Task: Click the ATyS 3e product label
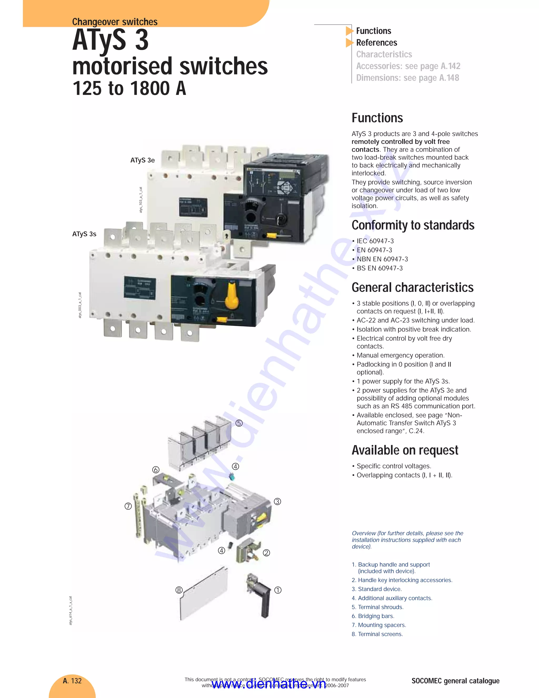coord(142,160)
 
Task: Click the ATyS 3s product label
coord(84,234)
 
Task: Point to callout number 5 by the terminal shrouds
coord(239,423)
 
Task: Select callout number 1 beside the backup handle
coord(278,590)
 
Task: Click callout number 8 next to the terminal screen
coord(179,590)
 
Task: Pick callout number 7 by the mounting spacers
coord(128,506)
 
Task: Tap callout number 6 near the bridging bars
coord(156,470)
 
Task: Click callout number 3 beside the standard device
coord(277,502)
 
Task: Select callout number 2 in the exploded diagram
coord(266,553)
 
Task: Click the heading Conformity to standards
coord(413,225)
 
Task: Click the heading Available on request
coord(405,450)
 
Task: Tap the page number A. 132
coord(72,681)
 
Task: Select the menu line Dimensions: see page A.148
coord(407,78)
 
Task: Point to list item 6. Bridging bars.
coord(373,616)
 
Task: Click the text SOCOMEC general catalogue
coord(455,681)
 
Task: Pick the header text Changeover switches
coord(115,22)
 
